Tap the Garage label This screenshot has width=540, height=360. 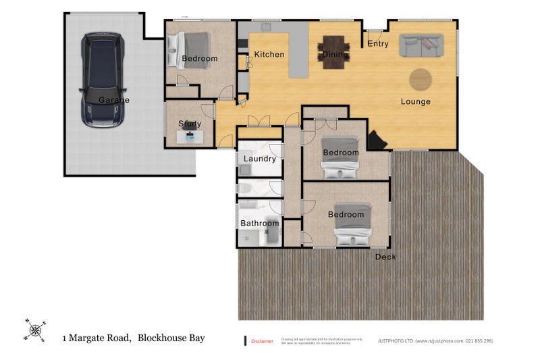point(113,100)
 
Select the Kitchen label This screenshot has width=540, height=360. point(269,55)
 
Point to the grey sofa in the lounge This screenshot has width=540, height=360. point(419,46)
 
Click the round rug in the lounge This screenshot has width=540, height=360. point(421,79)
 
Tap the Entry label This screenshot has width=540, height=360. point(378,44)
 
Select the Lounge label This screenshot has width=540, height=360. point(415,102)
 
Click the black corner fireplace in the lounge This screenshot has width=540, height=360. point(376,140)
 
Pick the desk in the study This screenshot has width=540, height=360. point(190,138)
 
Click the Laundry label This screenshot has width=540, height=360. point(259,159)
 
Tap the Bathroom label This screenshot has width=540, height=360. point(259,224)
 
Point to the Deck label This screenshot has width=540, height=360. point(385,257)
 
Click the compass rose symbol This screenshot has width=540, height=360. point(35,329)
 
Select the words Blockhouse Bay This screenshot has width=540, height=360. point(171,338)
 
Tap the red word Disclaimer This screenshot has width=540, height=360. point(262,341)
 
